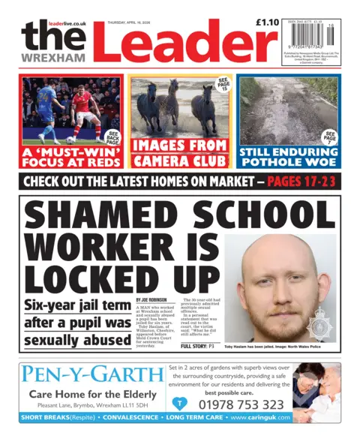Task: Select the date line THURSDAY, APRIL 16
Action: coord(129,23)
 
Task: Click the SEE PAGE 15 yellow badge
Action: coord(222,84)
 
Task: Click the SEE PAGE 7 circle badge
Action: coord(330,138)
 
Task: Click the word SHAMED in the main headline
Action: coord(100,218)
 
